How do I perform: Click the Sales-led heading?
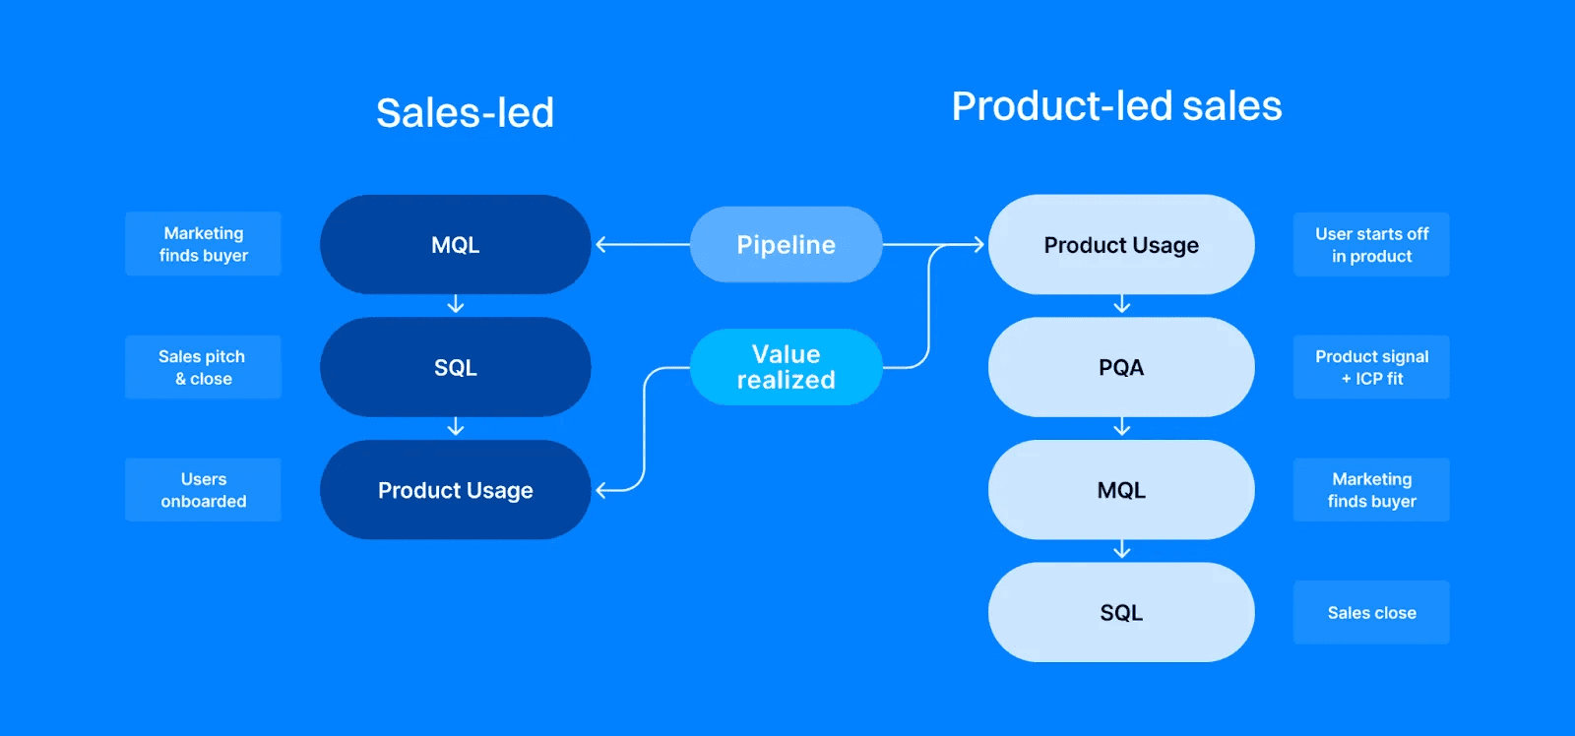[465, 112]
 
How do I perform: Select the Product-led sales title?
[1116, 106]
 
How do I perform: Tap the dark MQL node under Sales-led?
[455, 244]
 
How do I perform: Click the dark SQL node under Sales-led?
[455, 367]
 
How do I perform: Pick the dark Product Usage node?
[455, 490]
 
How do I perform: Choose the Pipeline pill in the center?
[786, 244]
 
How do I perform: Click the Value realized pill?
[786, 367]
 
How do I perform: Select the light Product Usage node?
[1120, 244]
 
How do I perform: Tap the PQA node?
[1120, 367]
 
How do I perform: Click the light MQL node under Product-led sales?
[1120, 490]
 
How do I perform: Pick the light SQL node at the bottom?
[1120, 612]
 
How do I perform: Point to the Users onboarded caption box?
[203, 490]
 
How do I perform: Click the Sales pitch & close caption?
[203, 367]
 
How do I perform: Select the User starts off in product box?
[1371, 244]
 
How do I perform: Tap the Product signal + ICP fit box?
[1371, 367]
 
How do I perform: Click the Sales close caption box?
[1371, 612]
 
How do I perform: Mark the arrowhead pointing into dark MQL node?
[601, 244]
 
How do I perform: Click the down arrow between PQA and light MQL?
[1121, 428]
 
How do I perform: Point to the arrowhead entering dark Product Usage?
[601, 490]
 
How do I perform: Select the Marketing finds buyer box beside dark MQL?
[203, 244]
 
